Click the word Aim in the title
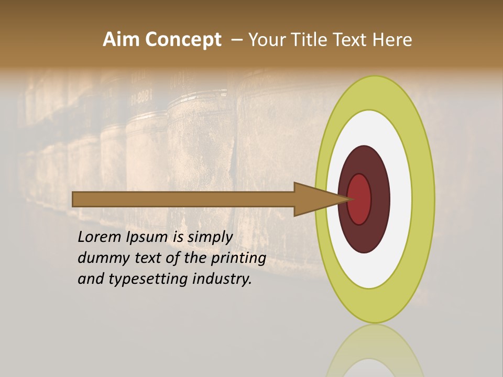coord(121,40)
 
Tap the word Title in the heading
coord(311,40)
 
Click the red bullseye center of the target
coord(360,199)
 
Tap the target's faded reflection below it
coord(375,351)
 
